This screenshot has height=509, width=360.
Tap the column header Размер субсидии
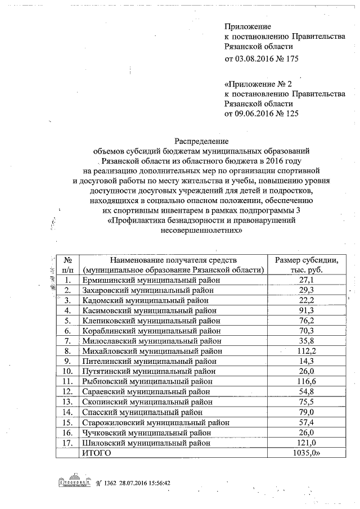[x=306, y=260]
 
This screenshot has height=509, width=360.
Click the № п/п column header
[x=67, y=264]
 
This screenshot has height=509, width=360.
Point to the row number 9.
[x=67, y=361]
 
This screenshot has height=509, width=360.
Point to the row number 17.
[x=67, y=443]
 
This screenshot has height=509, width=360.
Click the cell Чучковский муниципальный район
[x=147, y=433]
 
